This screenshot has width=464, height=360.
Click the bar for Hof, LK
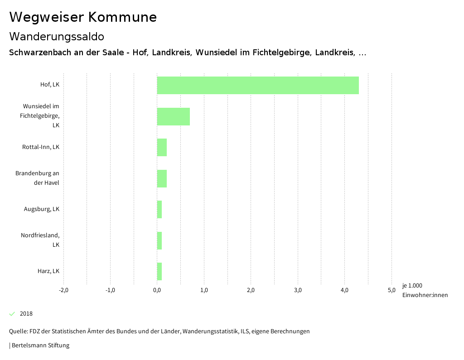tap(258, 85)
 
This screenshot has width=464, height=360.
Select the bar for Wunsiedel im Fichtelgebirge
tap(174, 116)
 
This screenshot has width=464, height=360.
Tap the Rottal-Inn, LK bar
tap(162, 148)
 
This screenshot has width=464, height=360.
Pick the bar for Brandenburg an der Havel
tap(162, 178)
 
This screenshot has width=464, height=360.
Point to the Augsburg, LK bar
tap(159, 209)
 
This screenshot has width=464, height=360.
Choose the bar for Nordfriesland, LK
tap(159, 240)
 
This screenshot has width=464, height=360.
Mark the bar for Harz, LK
tap(159, 271)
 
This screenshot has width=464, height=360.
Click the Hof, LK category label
tap(50, 85)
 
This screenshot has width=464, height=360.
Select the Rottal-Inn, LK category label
tap(41, 147)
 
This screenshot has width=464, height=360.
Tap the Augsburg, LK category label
tap(42, 209)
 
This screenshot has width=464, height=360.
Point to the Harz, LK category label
tap(48, 271)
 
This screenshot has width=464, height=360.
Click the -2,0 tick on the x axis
tap(63, 290)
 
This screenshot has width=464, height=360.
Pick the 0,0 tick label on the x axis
tap(157, 290)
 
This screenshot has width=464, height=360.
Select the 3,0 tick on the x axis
tap(298, 290)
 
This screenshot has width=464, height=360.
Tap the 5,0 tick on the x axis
tap(391, 290)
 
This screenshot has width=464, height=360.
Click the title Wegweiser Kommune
tap(83, 17)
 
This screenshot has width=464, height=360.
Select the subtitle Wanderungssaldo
tap(57, 37)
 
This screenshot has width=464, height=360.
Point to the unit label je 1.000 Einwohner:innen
tap(425, 290)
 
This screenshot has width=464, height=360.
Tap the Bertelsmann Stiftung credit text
tap(40, 346)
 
